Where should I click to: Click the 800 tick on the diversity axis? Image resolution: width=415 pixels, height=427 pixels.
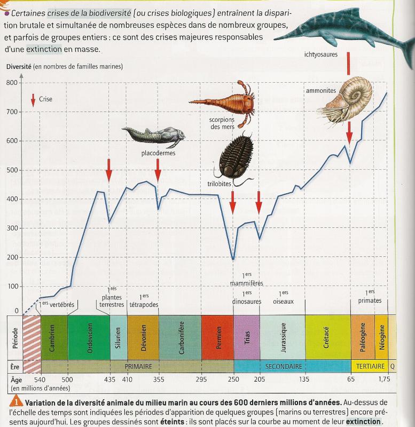click(x=12, y=82)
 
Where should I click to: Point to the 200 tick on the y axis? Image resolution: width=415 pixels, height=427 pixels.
click(x=12, y=257)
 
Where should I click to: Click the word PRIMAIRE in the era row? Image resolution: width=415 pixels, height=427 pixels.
click(x=139, y=367)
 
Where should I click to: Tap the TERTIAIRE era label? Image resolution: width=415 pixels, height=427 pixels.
click(x=369, y=367)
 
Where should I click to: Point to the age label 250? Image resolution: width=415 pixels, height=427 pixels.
click(x=233, y=379)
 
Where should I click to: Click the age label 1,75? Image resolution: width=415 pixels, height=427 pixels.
click(x=385, y=379)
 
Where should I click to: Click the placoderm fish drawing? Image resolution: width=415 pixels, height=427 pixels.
click(x=154, y=137)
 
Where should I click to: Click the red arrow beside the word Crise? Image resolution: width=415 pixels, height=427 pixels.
click(x=33, y=99)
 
